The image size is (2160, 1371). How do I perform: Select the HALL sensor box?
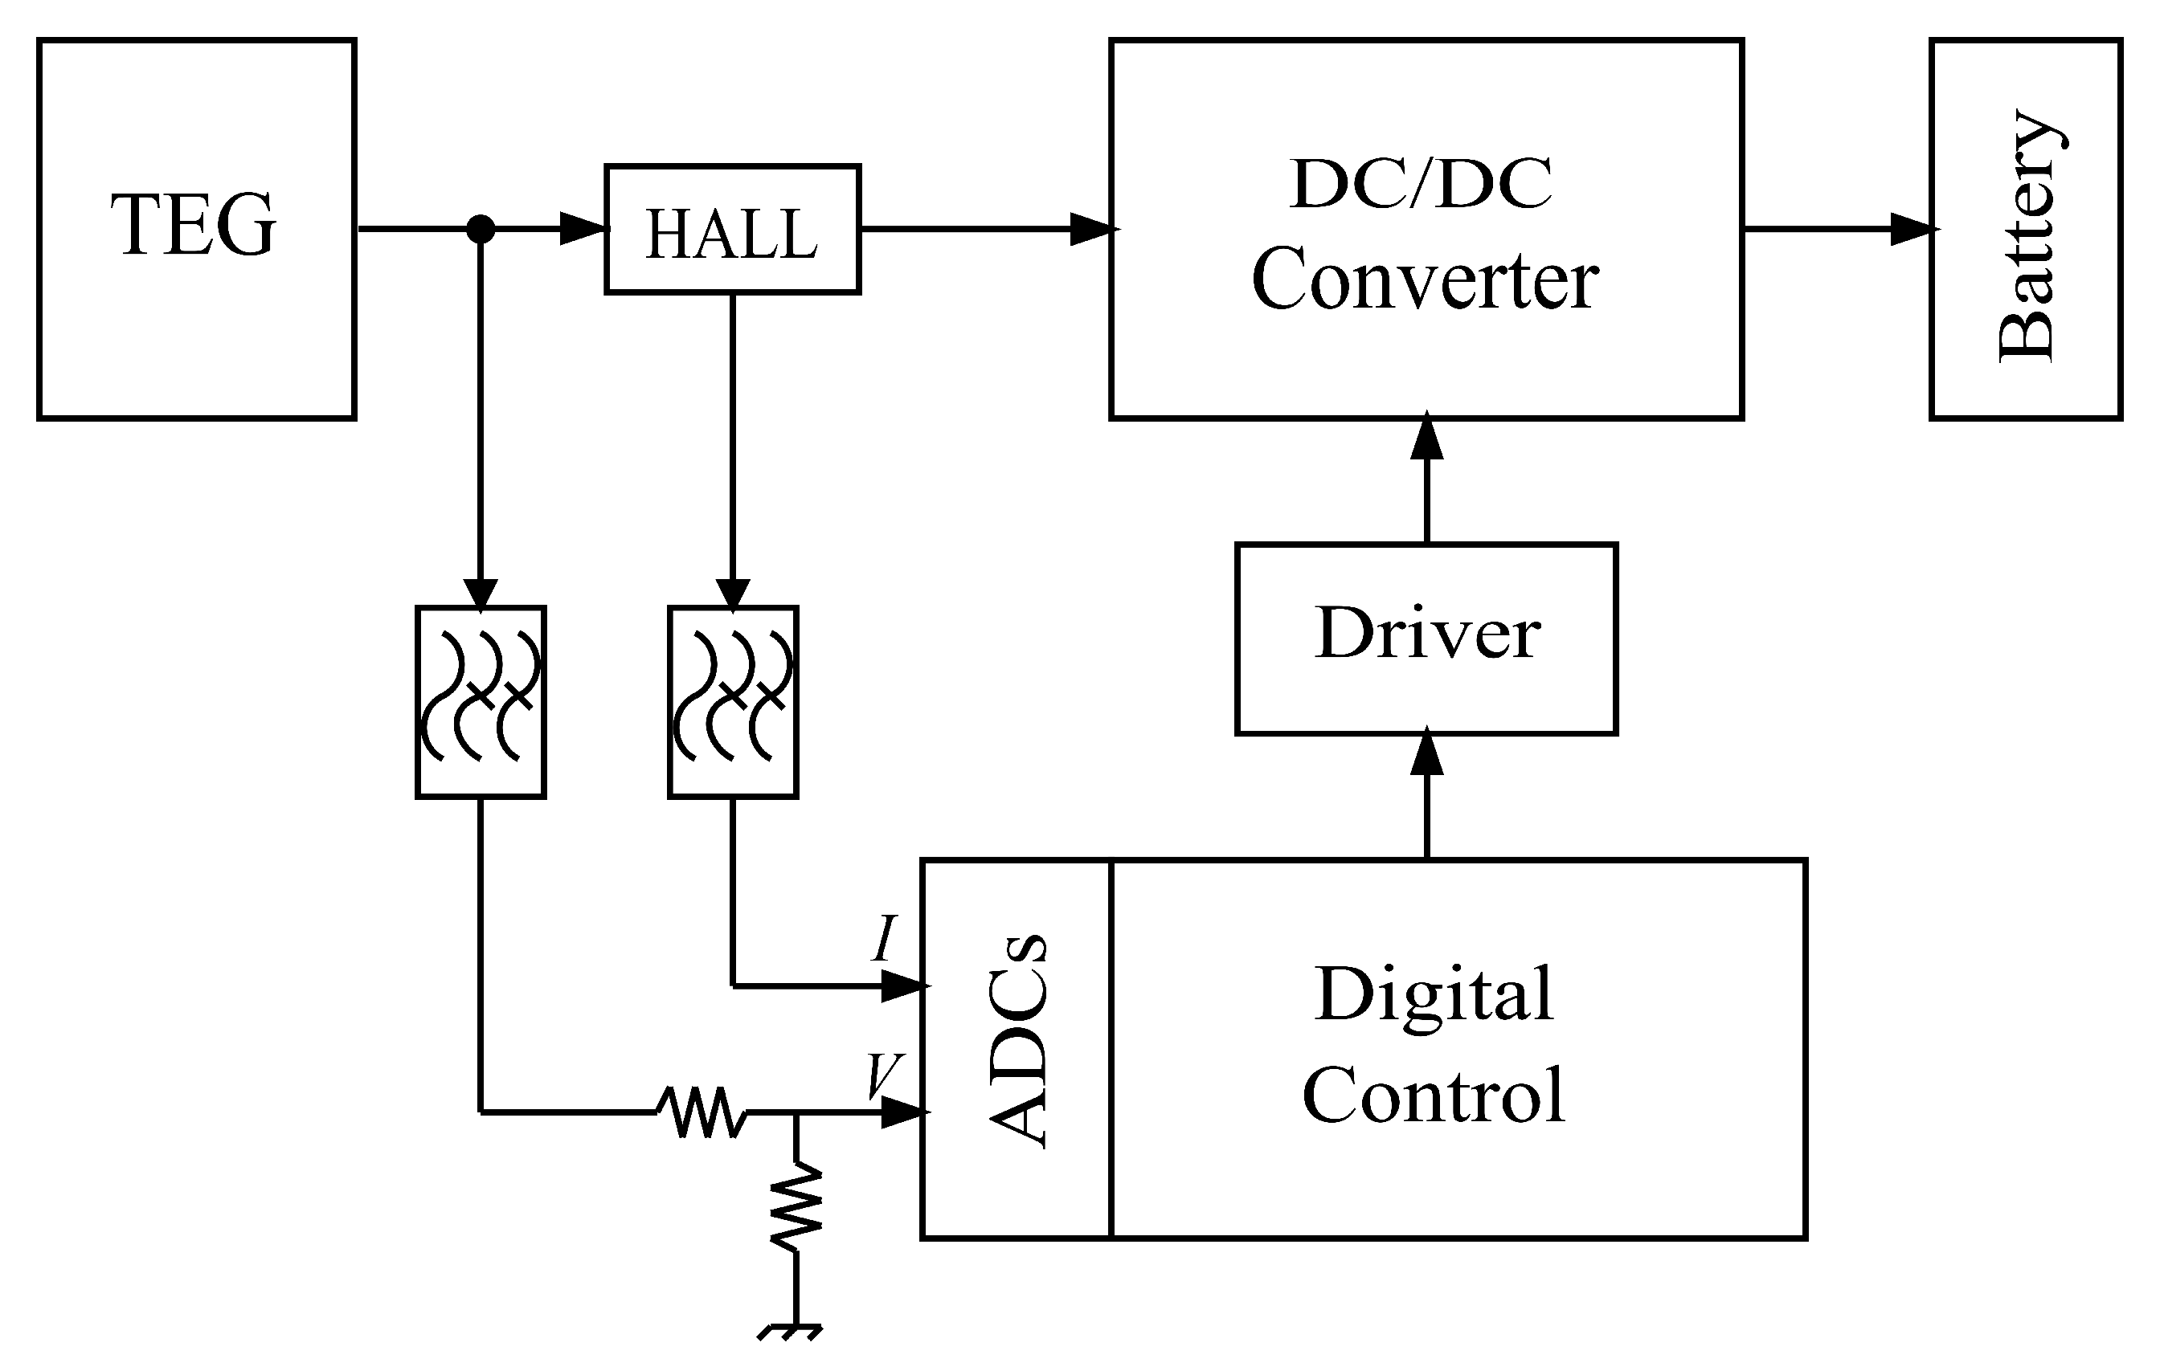(732, 230)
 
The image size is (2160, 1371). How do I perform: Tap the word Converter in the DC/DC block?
(1425, 280)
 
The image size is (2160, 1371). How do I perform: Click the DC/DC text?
(1421, 184)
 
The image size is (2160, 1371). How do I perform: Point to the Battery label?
(2026, 237)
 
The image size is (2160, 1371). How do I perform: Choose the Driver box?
(1426, 639)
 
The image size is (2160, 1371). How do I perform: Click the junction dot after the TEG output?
(481, 229)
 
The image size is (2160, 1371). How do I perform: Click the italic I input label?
(885, 939)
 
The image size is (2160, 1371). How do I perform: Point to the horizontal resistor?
(702, 1112)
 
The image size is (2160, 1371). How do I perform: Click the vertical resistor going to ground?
(796, 1206)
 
